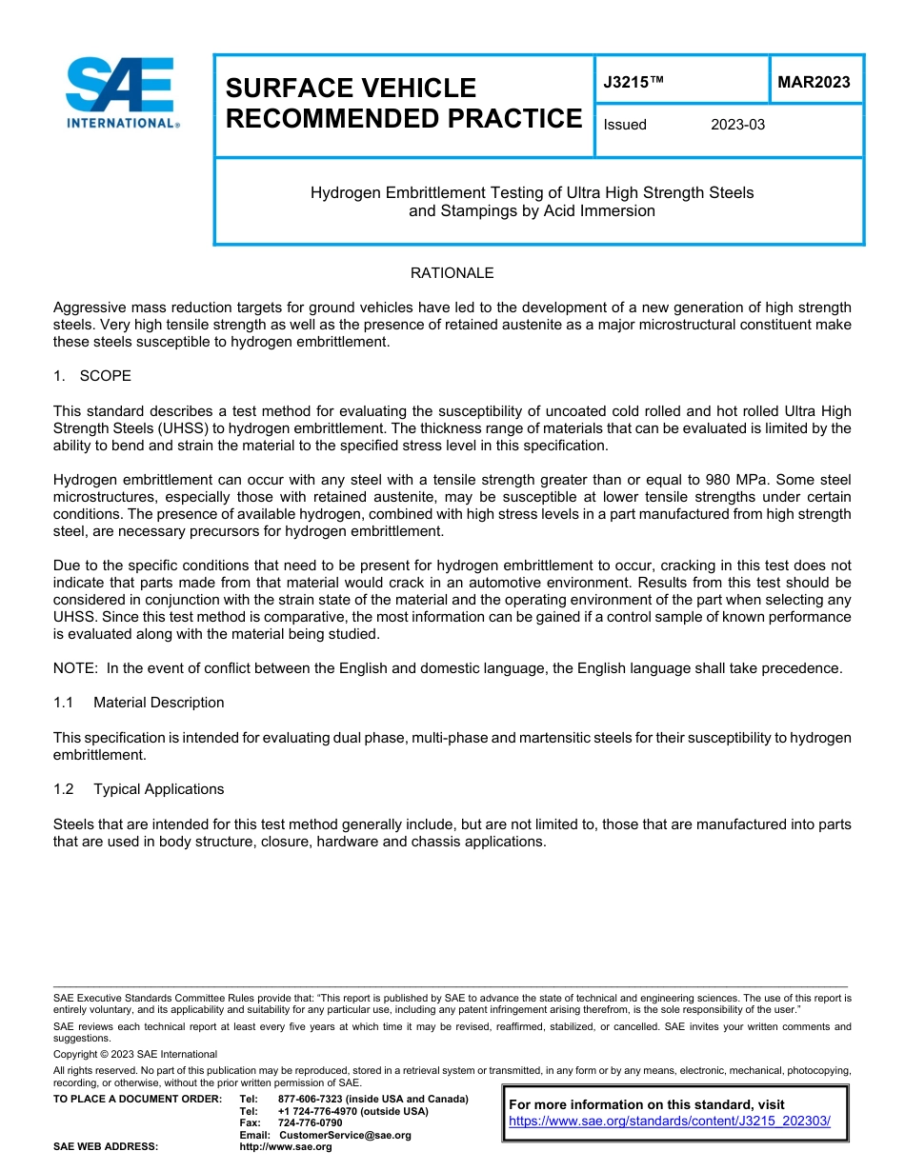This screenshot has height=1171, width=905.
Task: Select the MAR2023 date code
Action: (814, 83)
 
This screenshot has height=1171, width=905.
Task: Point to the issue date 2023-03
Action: (737, 125)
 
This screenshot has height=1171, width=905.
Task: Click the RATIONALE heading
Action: (452, 273)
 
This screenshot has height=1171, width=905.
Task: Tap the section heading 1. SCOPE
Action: (92, 376)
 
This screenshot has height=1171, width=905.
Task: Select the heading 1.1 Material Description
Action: (139, 703)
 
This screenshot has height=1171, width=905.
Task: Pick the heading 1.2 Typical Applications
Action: (139, 789)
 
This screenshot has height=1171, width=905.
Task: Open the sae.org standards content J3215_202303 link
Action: (670, 1121)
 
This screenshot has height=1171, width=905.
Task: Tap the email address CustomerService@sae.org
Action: (345, 1135)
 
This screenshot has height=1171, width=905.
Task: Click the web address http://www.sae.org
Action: (286, 1147)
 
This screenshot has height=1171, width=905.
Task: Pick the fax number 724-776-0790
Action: (310, 1123)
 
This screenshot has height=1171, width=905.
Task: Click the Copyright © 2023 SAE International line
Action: (135, 1054)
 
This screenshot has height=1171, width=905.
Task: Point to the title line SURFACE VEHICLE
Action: (351, 89)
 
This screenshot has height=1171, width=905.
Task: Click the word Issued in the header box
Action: (625, 125)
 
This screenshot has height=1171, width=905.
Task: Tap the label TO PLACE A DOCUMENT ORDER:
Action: (137, 1099)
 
